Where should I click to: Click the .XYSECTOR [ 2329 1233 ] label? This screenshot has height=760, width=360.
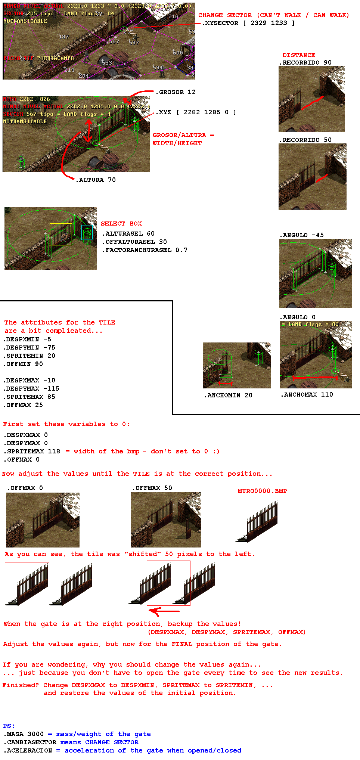248,23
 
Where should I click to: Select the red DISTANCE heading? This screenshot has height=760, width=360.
299,55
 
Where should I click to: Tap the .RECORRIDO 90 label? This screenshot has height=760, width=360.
305,62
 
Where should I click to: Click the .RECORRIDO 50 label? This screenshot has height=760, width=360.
305,140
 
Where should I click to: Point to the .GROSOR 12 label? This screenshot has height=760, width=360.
176,92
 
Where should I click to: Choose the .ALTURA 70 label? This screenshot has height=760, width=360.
96,180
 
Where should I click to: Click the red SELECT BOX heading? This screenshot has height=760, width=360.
121,223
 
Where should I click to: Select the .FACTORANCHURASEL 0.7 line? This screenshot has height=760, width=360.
145,250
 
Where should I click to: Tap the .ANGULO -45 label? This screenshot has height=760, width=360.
302,235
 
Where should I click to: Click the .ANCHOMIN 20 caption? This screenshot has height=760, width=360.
228,395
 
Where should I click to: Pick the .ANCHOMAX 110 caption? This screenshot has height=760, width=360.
307,394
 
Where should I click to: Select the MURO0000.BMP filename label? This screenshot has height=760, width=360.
262,491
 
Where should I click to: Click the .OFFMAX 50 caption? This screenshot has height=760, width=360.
152,488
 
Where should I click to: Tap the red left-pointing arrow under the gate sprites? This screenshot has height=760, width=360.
164,611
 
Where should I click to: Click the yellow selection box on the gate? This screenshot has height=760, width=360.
60,234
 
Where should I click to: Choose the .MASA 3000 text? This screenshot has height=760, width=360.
24,734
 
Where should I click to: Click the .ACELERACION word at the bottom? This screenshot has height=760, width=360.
28,750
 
